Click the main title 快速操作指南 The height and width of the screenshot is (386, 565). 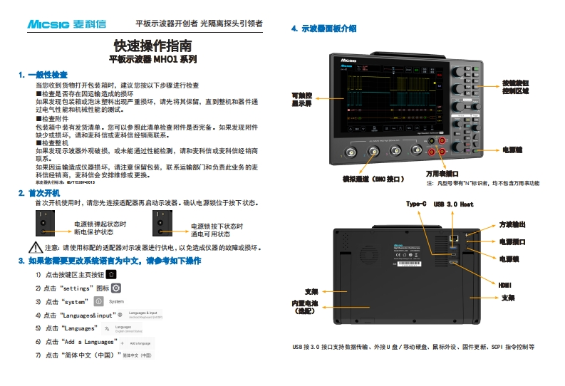pos(152,46)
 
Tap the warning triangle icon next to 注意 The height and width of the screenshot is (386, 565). pos(36,248)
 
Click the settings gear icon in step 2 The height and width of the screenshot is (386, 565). pos(115,288)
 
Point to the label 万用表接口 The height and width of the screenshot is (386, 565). pos(442,173)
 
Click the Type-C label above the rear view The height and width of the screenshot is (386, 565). pos(416,204)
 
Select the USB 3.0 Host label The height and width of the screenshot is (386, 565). pos(453,204)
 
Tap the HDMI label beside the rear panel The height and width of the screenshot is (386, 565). pos(505,285)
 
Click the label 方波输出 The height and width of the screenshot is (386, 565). pos(512,224)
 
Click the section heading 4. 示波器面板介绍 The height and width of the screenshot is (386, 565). pos(324,28)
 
